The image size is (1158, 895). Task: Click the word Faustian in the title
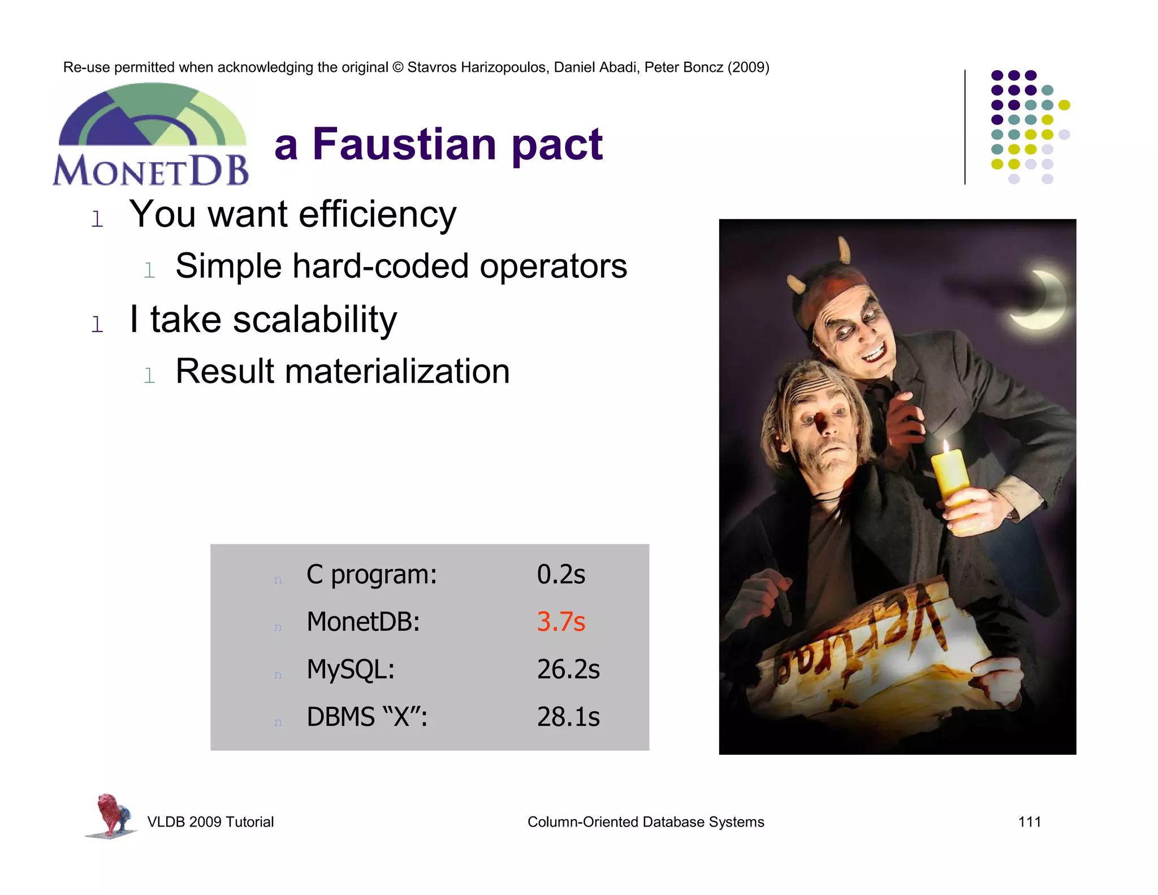coord(404,144)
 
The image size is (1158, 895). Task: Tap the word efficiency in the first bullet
coord(377,215)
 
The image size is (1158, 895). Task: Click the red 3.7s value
coord(560,622)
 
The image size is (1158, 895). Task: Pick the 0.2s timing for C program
coord(560,574)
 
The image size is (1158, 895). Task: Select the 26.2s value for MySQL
coord(568,669)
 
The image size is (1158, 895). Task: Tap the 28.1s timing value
coord(568,717)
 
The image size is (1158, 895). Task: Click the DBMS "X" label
coord(366,717)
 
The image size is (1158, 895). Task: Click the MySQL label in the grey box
coord(350,669)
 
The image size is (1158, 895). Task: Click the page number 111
coord(1029,822)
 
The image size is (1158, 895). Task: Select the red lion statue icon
coord(112,815)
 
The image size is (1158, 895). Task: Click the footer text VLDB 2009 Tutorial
coord(210,822)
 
